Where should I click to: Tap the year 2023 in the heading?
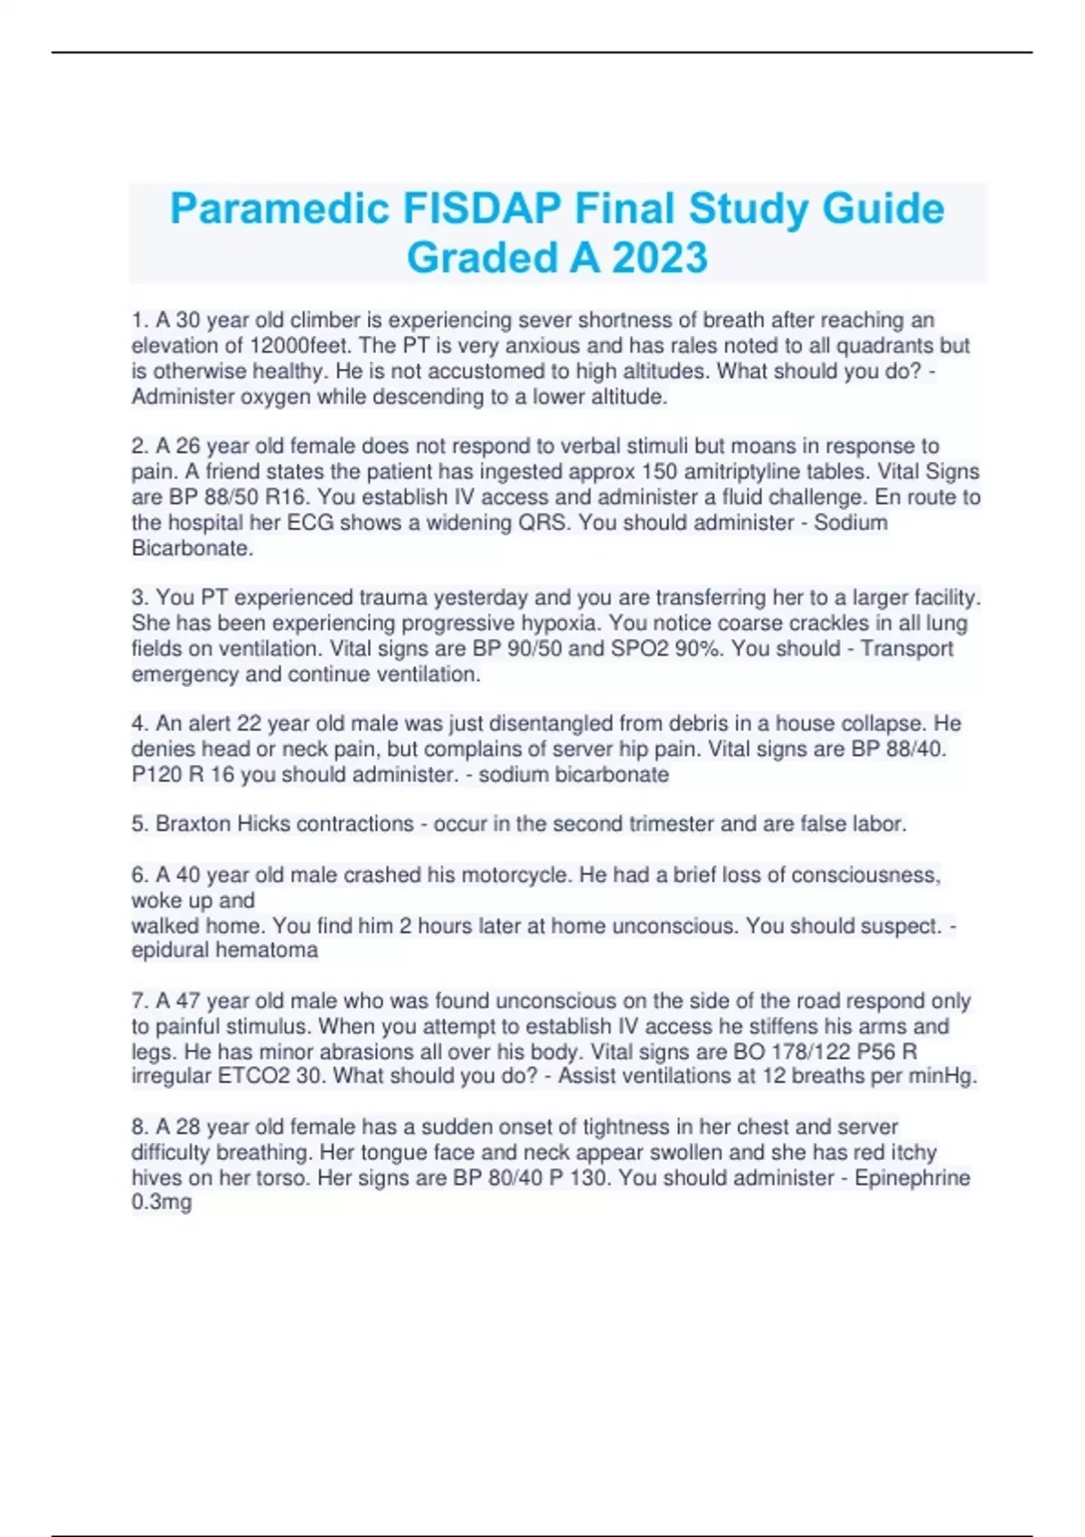click(659, 258)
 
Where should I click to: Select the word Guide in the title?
click(883, 209)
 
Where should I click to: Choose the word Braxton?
click(193, 824)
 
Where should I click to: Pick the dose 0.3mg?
click(162, 1202)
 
